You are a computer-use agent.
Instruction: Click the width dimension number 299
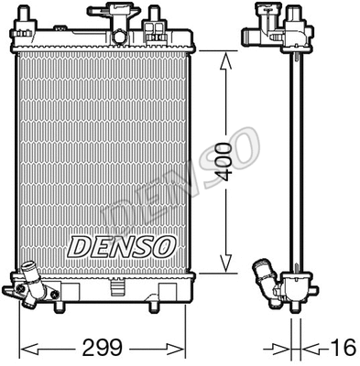coord(103,348)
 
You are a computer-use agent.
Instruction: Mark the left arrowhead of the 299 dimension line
coord(26,349)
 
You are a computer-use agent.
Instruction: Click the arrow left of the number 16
coord(275,349)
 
